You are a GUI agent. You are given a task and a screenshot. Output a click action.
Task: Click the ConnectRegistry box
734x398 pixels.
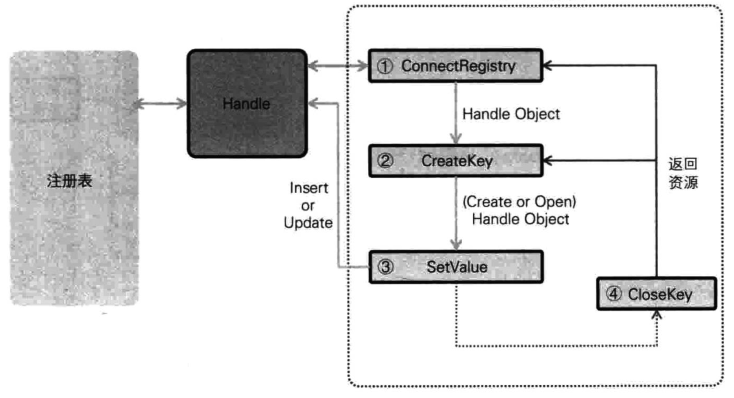coord(456,66)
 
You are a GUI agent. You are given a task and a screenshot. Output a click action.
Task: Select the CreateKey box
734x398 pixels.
coord(456,161)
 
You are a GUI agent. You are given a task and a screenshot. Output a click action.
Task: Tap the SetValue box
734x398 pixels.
coord(456,267)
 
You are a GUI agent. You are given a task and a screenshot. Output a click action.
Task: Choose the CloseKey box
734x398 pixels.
coord(657,294)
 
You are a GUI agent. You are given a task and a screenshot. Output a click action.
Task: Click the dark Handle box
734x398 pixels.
coord(247,104)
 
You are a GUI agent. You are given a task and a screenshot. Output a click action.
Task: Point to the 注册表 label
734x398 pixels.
coord(69,181)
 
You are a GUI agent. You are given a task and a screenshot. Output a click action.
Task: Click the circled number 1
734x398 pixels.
coord(385,66)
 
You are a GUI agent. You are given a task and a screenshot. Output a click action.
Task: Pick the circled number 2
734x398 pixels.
coord(385,161)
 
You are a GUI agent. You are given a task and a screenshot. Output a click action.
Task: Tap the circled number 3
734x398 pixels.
coord(385,267)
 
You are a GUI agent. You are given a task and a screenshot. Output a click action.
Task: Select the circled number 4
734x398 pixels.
coord(614,294)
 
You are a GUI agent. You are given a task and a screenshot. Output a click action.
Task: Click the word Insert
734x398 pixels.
coord(309,188)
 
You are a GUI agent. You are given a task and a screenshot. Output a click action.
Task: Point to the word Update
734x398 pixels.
coord(308,223)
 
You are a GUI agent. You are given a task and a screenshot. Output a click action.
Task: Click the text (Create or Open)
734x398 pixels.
coord(519,202)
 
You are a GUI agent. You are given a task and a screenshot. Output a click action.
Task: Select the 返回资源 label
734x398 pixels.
coord(683,173)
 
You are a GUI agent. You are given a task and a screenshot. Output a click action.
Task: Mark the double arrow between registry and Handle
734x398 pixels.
coord(160,104)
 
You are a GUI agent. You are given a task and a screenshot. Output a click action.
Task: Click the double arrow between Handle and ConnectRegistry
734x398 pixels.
coord(338,66)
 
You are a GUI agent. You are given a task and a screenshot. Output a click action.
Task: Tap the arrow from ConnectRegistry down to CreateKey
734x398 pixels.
coord(456,114)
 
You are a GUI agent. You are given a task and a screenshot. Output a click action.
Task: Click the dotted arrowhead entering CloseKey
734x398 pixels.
coord(657,315)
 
